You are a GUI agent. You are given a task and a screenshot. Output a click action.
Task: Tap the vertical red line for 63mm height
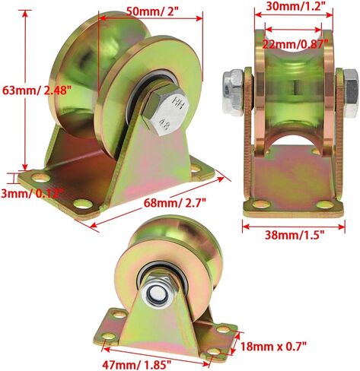click(26, 91)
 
